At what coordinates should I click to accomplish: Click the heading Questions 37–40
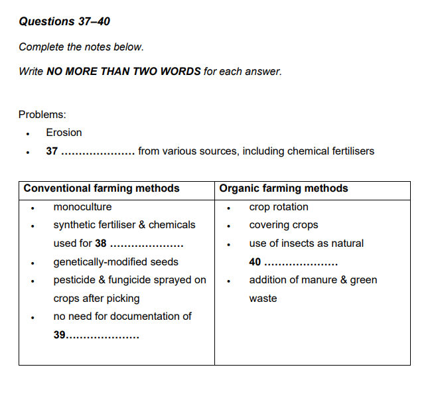[64, 22]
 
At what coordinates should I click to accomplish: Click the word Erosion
[64, 133]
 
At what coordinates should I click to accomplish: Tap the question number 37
[52, 151]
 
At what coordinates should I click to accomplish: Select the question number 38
[101, 244]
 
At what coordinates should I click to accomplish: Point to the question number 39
[60, 335]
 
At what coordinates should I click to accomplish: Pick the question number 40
[255, 262]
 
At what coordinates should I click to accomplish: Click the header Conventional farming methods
[102, 188]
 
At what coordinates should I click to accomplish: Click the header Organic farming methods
[283, 188]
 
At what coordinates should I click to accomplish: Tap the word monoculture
[82, 207]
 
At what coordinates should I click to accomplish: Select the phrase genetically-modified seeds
[115, 262]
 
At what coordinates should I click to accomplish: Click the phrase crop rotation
[279, 207]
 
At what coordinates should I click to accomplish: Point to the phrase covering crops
[283, 225]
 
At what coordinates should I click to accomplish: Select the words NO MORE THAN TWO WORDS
[123, 71]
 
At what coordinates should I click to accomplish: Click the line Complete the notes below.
[81, 47]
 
